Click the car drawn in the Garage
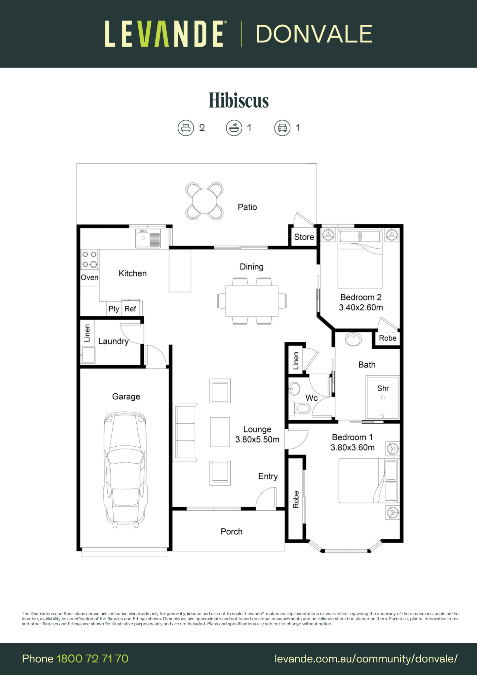click(125, 469)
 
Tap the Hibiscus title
click(239, 100)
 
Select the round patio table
click(204, 201)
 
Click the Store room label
click(304, 237)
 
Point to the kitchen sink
click(148, 238)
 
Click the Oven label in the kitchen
click(89, 278)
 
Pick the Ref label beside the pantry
click(130, 309)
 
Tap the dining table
click(252, 301)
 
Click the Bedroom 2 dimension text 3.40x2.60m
click(361, 307)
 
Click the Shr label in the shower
click(383, 388)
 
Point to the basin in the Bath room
click(354, 339)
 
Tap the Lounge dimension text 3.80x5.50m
click(257, 439)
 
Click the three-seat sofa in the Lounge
click(185, 432)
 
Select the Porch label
click(232, 532)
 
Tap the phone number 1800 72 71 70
click(92, 659)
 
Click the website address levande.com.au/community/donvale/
click(366, 659)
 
